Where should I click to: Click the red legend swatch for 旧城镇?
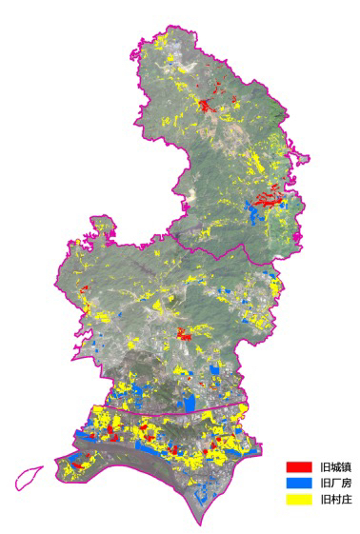coord(299,467)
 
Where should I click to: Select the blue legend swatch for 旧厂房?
coord(299,483)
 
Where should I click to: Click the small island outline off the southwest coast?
coord(29,476)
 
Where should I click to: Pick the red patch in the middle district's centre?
coord(182,332)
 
